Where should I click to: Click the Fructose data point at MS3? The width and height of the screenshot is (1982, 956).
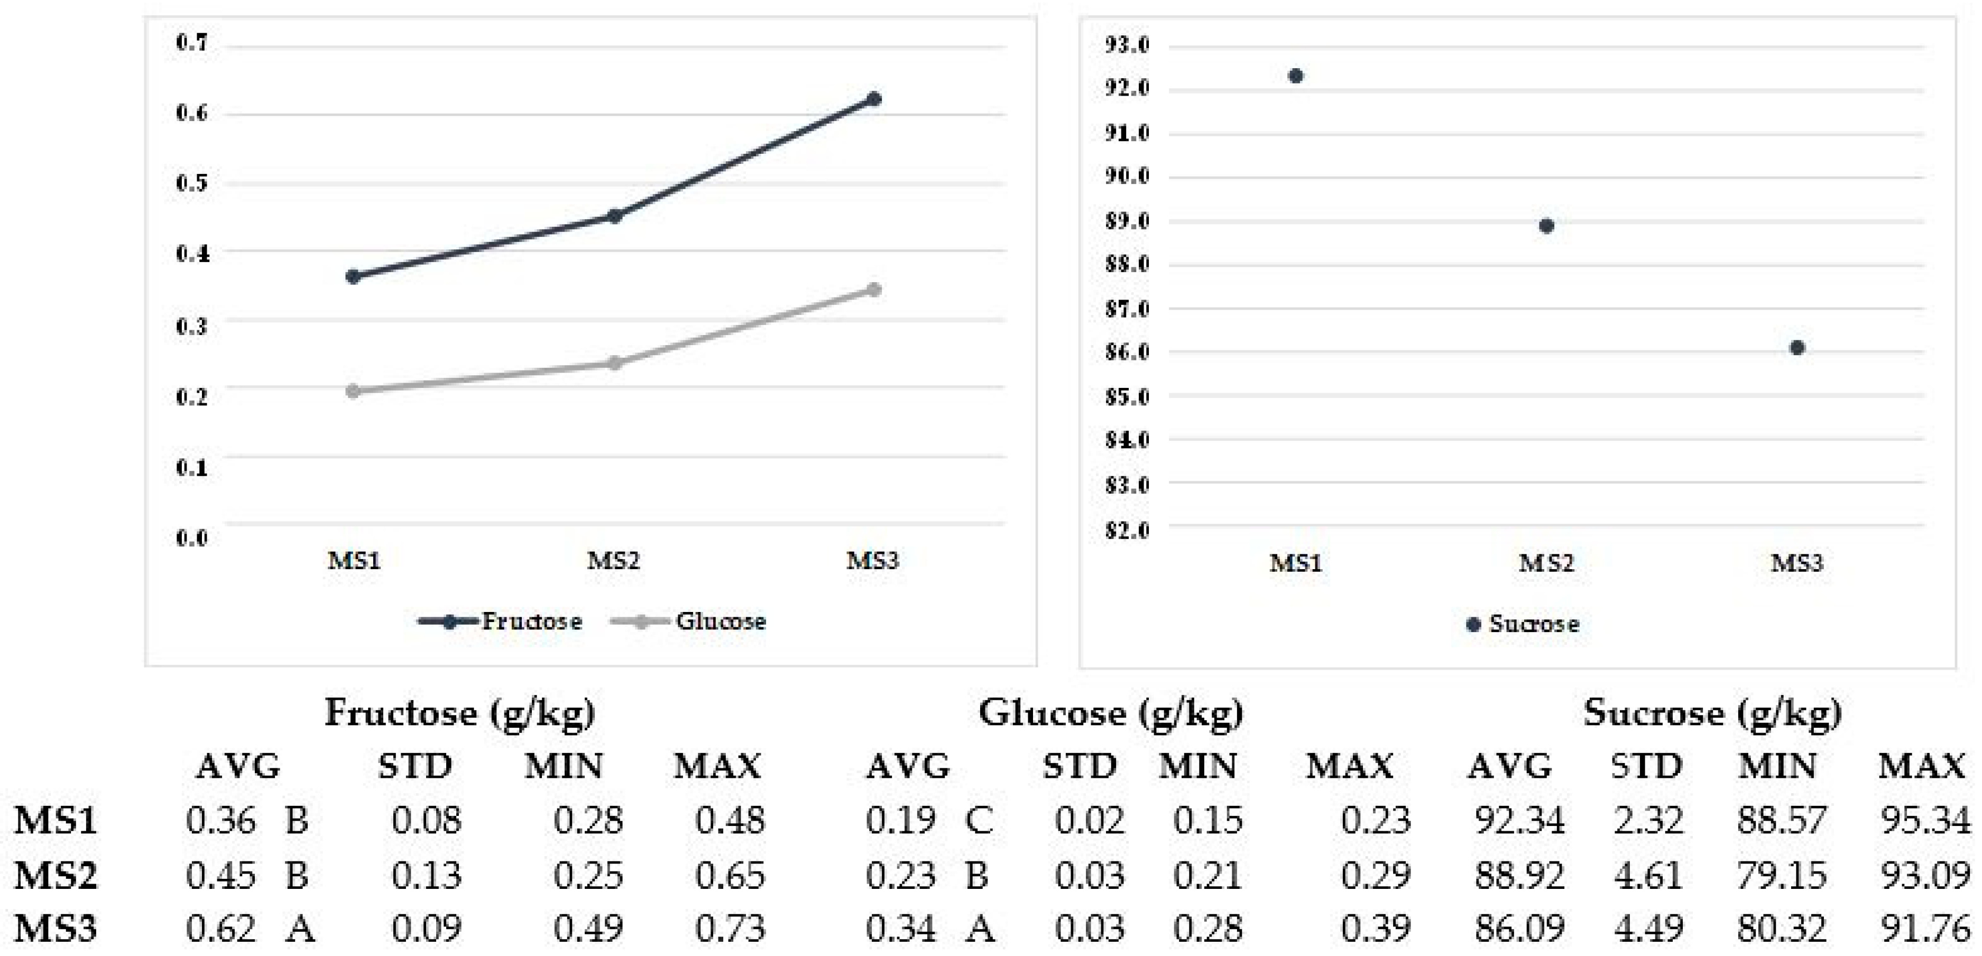tap(873, 99)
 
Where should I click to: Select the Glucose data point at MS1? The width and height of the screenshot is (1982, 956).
tap(353, 392)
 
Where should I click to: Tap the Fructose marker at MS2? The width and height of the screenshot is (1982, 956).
tap(614, 216)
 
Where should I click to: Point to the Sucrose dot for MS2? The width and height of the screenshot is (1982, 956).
tap(1546, 226)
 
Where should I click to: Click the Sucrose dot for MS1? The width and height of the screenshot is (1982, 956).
tap(1296, 76)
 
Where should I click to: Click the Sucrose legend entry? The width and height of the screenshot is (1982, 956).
tap(1524, 624)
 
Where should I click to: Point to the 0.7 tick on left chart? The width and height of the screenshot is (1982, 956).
tap(192, 42)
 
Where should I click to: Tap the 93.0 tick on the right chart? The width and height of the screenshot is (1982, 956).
tap(1127, 45)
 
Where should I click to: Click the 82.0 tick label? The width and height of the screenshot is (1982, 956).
tap(1127, 530)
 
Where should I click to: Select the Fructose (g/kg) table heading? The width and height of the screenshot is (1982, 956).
tap(459, 713)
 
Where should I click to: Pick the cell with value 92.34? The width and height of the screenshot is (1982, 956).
tap(1519, 821)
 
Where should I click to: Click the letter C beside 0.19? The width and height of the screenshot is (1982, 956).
tap(978, 821)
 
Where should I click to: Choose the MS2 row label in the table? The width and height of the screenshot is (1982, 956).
tap(56, 875)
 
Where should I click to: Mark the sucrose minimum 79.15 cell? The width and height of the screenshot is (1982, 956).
tap(1781, 875)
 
